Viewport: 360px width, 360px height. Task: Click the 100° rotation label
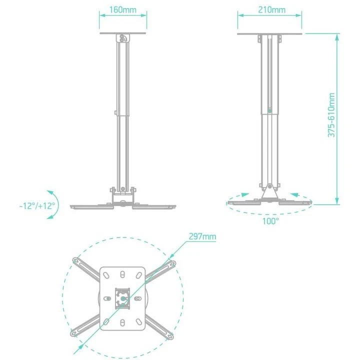pyautogui.click(x=270, y=220)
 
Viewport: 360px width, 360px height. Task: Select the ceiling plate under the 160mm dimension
pyautogui.click(x=123, y=34)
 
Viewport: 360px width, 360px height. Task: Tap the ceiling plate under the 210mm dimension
pyautogui.click(x=271, y=34)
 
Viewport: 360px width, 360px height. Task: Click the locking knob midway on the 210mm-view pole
pyautogui.click(x=270, y=110)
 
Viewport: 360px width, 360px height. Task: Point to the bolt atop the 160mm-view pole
pyautogui.click(x=123, y=38)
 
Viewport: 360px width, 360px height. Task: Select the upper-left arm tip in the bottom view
pyautogui.click(x=76, y=260)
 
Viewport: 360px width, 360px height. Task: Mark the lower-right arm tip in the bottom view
pyautogui.click(x=170, y=334)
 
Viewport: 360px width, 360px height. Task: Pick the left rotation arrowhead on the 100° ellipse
pyautogui.click(x=243, y=195)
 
